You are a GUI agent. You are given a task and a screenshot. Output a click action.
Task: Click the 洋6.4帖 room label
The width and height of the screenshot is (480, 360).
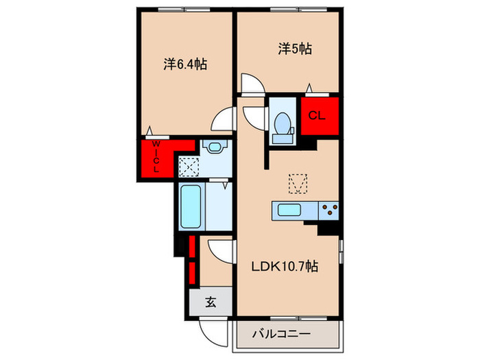coord(185,64)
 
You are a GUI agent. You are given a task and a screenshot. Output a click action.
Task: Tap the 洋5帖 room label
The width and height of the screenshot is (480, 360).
coord(295,49)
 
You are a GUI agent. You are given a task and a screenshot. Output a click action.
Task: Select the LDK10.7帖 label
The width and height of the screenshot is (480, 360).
coord(285,267)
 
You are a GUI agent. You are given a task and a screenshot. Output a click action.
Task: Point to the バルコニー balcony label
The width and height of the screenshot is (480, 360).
coord(281,334)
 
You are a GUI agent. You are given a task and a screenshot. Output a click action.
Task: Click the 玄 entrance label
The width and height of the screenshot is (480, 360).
coord(211,302)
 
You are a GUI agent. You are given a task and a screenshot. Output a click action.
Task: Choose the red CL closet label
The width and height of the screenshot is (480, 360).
coord(317,115)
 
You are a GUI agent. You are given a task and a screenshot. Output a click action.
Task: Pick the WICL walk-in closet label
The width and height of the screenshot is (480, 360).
coord(156,156)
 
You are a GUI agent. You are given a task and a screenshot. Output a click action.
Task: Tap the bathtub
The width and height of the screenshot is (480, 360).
coord(191,206)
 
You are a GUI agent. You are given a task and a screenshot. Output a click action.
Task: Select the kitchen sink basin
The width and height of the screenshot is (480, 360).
coord(289,211)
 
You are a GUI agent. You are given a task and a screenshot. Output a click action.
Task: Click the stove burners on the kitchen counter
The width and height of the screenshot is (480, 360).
coord(329,210)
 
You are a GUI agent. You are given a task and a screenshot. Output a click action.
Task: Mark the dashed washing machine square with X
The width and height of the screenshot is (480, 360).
coord(189,166)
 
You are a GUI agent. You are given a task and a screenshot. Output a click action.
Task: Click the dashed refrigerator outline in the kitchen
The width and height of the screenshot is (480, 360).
coord(298,184)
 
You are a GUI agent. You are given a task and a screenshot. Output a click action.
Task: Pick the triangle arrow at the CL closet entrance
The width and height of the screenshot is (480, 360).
coord(309,88)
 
